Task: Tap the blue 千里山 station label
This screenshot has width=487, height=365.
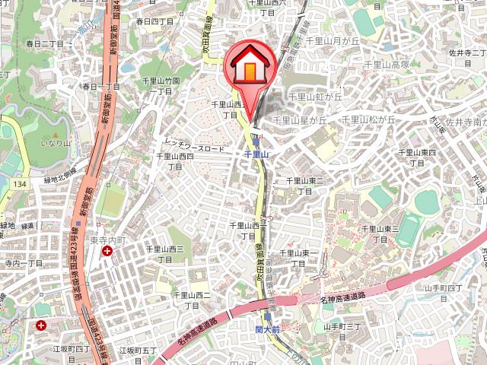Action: (x=257, y=154)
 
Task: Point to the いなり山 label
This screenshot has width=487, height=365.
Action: (x=56, y=142)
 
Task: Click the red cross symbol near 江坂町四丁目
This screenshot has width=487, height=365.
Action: (x=39, y=325)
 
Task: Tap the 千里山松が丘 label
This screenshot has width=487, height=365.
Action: (x=369, y=120)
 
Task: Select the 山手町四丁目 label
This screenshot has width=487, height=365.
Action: (x=443, y=287)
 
